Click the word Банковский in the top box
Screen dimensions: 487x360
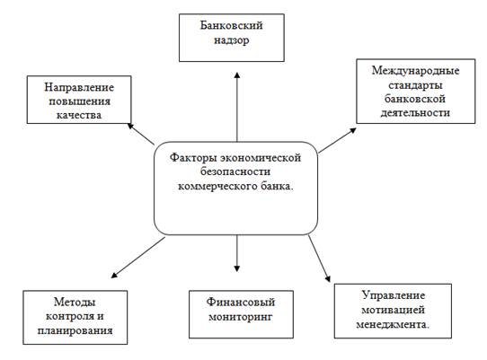(232, 25)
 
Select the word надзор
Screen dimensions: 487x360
(232, 40)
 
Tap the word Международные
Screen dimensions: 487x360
(415, 71)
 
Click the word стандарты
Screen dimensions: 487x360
(415, 85)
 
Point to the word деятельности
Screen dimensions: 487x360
(415, 112)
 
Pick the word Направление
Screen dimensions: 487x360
(79, 87)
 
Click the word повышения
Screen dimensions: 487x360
(79, 101)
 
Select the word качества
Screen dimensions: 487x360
(79, 115)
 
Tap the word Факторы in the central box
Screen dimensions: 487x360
(193, 158)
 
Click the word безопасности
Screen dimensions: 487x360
(235, 172)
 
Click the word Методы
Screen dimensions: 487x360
(75, 302)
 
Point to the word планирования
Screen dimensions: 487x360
(75, 331)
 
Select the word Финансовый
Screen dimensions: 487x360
(241, 302)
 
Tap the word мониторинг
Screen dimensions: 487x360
(241, 317)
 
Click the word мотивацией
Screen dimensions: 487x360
(393, 310)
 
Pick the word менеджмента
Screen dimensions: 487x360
(392, 325)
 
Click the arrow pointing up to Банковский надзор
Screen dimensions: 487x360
(237, 107)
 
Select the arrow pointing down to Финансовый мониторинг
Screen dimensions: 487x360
(237, 253)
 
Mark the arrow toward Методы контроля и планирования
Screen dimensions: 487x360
(138, 258)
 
